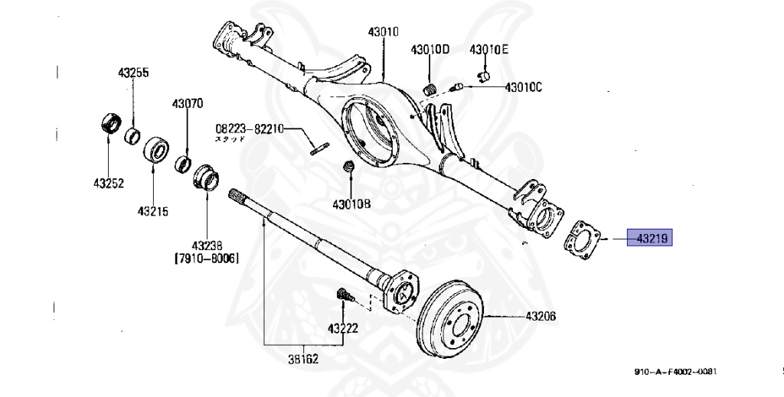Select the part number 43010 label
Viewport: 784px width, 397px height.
[383, 32]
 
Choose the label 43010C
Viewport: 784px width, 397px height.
[523, 87]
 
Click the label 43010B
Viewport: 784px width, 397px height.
[351, 204]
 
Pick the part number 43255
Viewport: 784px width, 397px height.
[133, 73]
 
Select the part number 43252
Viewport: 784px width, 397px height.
[109, 184]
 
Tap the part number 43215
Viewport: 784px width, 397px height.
[153, 210]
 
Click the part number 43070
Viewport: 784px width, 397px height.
[187, 103]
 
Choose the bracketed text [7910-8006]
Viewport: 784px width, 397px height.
[206, 259]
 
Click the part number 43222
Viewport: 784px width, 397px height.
[343, 328]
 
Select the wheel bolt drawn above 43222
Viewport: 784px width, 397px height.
[342, 294]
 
